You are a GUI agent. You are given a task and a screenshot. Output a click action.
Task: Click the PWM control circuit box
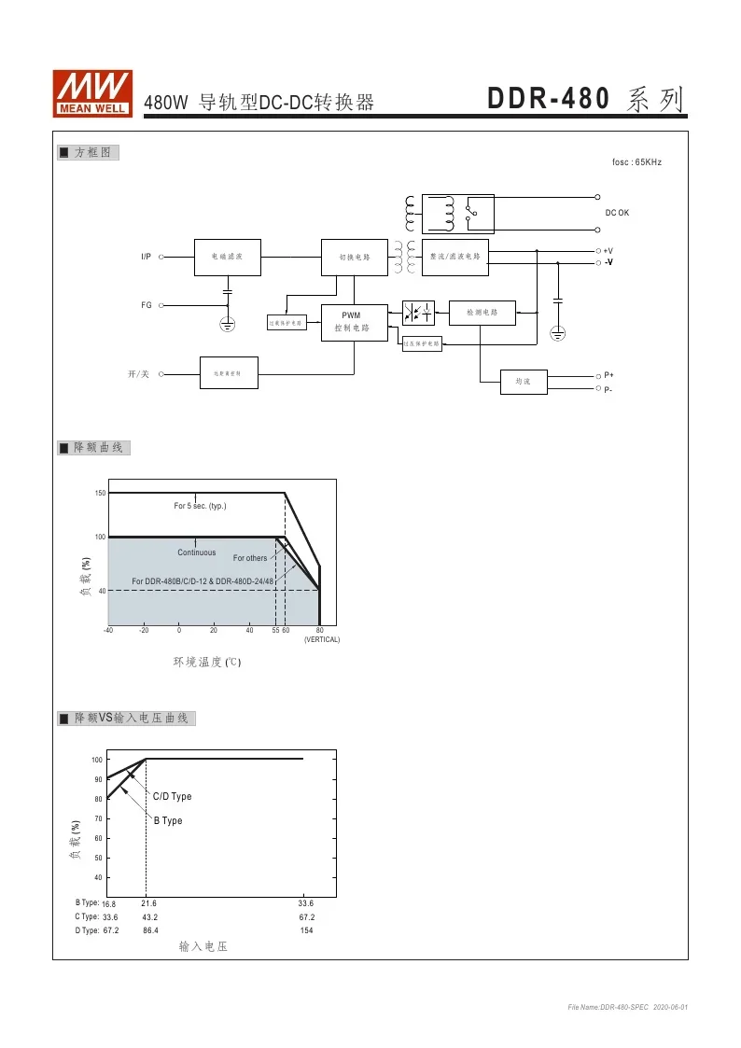(354, 322)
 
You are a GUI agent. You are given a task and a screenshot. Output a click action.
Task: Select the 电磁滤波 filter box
(227, 257)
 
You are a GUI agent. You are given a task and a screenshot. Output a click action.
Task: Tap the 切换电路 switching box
(354, 258)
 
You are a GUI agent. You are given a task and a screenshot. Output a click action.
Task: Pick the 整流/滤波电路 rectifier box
(454, 257)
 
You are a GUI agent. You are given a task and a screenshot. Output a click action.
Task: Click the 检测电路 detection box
(482, 313)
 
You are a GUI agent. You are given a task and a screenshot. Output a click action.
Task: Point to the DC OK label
(617, 213)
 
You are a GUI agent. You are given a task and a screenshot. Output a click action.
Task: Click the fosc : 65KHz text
(636, 162)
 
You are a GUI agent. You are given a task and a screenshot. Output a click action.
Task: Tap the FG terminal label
(147, 305)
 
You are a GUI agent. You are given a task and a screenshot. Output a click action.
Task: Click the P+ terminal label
(608, 374)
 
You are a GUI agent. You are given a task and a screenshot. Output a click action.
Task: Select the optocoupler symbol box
(418, 313)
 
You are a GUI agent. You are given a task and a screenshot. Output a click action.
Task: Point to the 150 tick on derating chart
(100, 493)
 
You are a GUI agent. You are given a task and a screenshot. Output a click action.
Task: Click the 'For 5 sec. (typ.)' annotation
(200, 506)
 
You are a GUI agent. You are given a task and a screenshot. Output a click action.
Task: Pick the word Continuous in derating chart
(196, 552)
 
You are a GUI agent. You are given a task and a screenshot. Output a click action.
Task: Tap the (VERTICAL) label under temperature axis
(322, 639)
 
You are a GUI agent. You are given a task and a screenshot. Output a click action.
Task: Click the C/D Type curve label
(172, 797)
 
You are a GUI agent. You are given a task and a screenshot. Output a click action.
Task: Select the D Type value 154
(306, 930)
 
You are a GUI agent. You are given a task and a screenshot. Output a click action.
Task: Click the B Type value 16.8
(109, 903)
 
